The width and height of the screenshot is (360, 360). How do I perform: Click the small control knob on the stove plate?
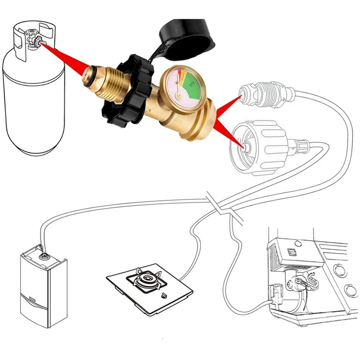click(163, 296)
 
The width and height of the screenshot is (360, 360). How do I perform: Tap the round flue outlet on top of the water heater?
click(44, 255)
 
